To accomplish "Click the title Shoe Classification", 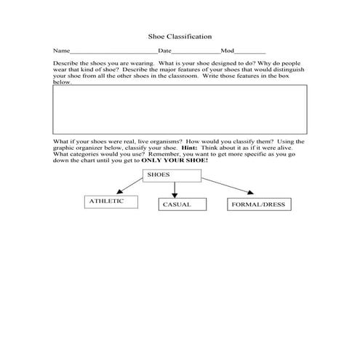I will tap(180, 35).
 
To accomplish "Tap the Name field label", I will tap(60, 52).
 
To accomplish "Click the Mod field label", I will tap(228, 52).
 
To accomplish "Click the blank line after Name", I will tap(113, 53).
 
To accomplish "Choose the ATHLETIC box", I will tap(111, 201).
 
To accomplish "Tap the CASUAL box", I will tap(177, 205).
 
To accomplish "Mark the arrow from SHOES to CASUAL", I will tap(175, 189).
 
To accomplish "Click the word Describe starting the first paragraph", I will tap(65, 63).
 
